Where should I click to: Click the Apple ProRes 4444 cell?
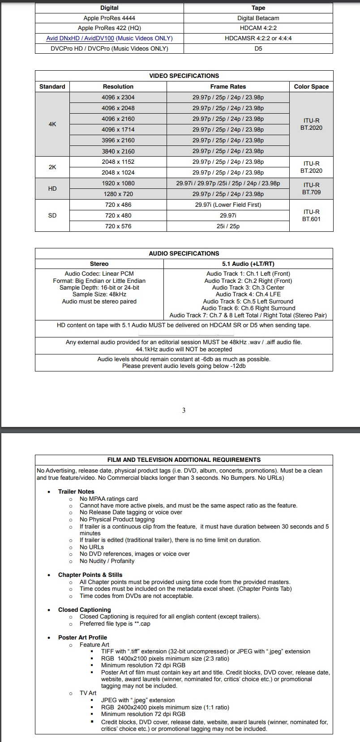tap(109, 18)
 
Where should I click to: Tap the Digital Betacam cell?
tap(258, 18)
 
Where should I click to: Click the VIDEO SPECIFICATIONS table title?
tap(184, 76)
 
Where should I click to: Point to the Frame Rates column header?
tap(228, 86)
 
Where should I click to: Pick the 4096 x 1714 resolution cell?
tap(118, 129)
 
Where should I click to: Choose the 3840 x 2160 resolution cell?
tap(118, 151)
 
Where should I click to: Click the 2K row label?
tap(52, 167)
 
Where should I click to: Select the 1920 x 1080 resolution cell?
tap(118, 183)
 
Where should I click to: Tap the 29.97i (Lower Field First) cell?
tap(228, 205)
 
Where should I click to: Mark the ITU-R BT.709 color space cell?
tap(311, 188)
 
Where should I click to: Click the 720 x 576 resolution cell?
tap(118, 226)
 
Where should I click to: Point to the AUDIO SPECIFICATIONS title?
tap(184, 253)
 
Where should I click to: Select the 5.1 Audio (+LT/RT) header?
tap(248, 264)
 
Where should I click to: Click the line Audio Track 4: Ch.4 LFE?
tap(248, 294)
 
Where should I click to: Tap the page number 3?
tap(184, 410)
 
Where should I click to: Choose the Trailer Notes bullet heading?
tap(76, 491)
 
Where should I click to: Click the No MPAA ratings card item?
tap(109, 499)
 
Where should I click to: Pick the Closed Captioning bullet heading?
tap(84, 610)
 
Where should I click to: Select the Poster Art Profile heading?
tap(82, 637)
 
